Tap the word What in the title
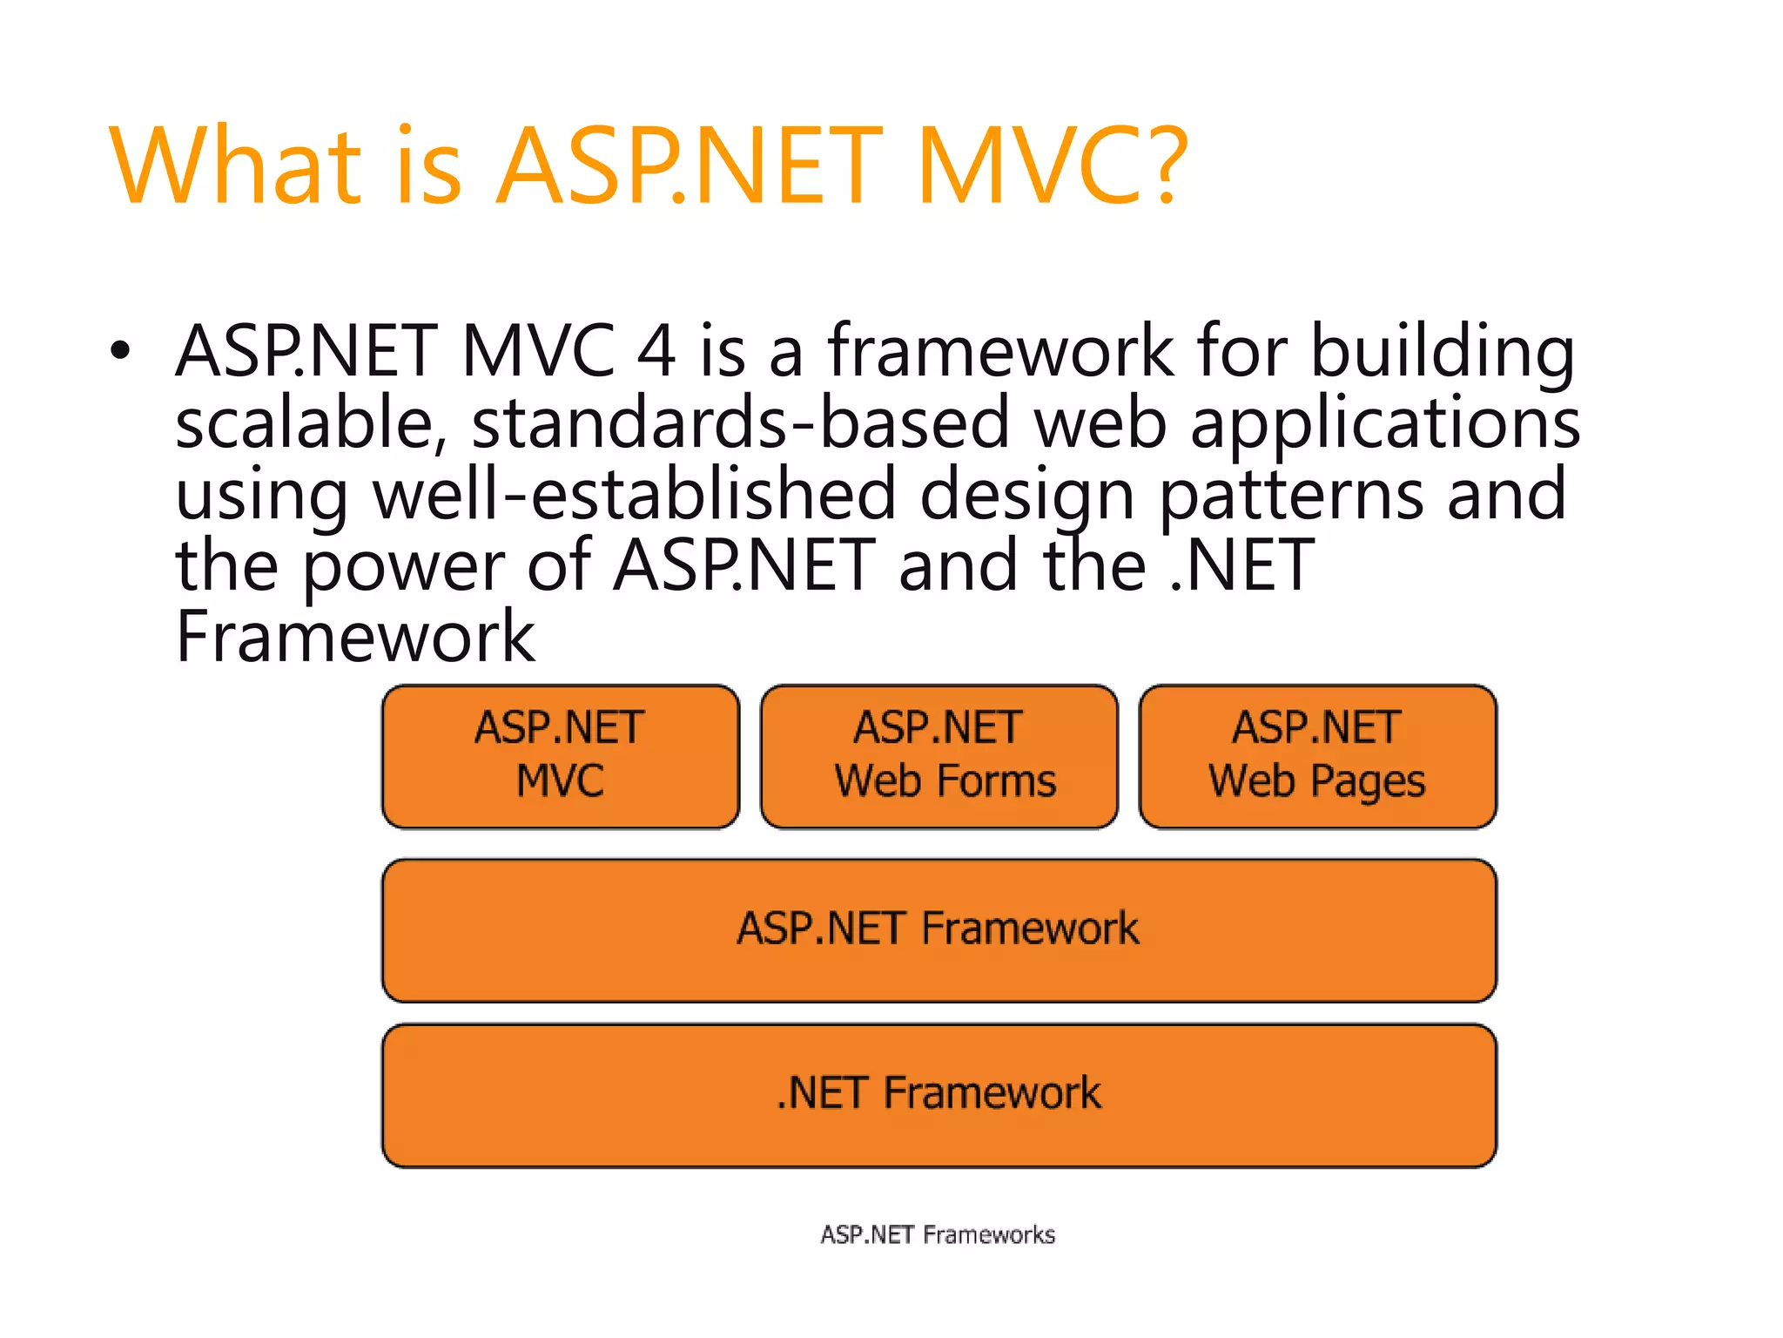tap(235, 166)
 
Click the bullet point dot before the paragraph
tap(120, 351)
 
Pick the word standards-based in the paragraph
tap(740, 422)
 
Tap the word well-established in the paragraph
tap(634, 494)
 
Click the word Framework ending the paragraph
tap(355, 637)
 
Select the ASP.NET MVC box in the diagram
tap(560, 755)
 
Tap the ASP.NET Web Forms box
tap(939, 755)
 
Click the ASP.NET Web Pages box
tap(1317, 755)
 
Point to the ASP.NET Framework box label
tap(938, 928)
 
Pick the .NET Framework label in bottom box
tap(939, 1093)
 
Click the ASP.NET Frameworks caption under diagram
tap(938, 1234)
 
